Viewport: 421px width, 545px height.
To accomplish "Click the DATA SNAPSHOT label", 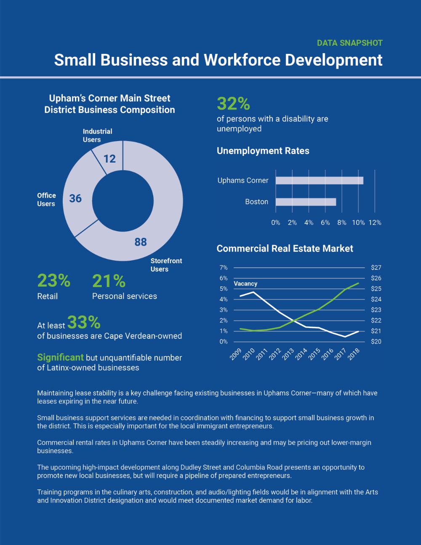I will pyautogui.click(x=349, y=43).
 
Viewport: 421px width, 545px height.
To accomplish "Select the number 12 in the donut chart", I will pyautogui.click(x=109, y=158).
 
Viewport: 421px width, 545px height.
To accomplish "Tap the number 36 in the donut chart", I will pyautogui.click(x=75, y=198).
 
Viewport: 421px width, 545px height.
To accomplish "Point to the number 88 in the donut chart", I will pyautogui.click(x=141, y=242).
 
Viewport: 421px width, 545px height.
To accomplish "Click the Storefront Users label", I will pyautogui.click(x=166, y=265).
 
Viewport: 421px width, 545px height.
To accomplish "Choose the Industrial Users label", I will pyautogui.click(x=97, y=135).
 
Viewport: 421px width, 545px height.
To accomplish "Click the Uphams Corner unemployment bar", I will pyautogui.click(x=319, y=180).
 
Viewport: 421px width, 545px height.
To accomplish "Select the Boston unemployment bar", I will pyautogui.click(x=306, y=202).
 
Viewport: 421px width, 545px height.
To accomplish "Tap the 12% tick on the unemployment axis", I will pyautogui.click(x=375, y=222).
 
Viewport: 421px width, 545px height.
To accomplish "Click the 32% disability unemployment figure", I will pyautogui.click(x=233, y=104).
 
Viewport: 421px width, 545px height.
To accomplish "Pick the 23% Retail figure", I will pyautogui.click(x=53, y=281).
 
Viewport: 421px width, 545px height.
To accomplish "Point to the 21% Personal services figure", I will pyautogui.click(x=109, y=281).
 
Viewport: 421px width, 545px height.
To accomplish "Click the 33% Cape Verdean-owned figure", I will pyautogui.click(x=84, y=323).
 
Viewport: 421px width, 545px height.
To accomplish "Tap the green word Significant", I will pyautogui.click(x=60, y=357).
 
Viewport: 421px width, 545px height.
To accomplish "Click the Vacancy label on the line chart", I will pyautogui.click(x=245, y=284).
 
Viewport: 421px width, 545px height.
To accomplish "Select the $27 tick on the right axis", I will pyautogui.click(x=376, y=267).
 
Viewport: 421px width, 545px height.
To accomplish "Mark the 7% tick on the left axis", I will pyautogui.click(x=224, y=267).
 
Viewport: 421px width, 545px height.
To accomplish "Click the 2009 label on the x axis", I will pyautogui.click(x=236, y=355).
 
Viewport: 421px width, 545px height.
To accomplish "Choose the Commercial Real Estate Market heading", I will pyautogui.click(x=285, y=248).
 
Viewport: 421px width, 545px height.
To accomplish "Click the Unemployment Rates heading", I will pyautogui.click(x=263, y=151).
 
